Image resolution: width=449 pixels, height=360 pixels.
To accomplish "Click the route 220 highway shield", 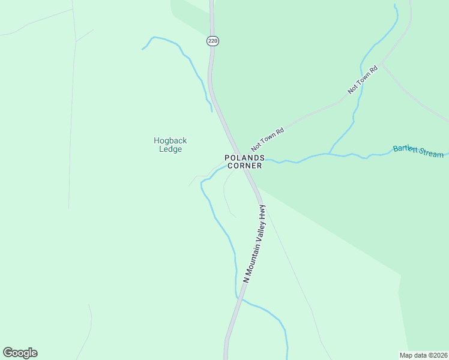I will click(212, 41).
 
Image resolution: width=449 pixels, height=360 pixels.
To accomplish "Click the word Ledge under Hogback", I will click(170, 149).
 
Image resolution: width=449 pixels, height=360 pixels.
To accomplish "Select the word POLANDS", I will click(244, 158).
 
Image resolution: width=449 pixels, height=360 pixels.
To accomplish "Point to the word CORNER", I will click(244, 166).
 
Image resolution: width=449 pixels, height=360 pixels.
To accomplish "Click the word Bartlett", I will click(406, 149).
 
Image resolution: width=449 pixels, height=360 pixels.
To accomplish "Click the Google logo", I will click(20, 353).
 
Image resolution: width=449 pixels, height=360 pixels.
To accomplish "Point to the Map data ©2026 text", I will click(423, 355).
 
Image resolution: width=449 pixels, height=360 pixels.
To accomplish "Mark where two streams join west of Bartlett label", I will click(328, 154).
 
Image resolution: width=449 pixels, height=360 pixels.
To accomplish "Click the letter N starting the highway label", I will click(246, 280).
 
